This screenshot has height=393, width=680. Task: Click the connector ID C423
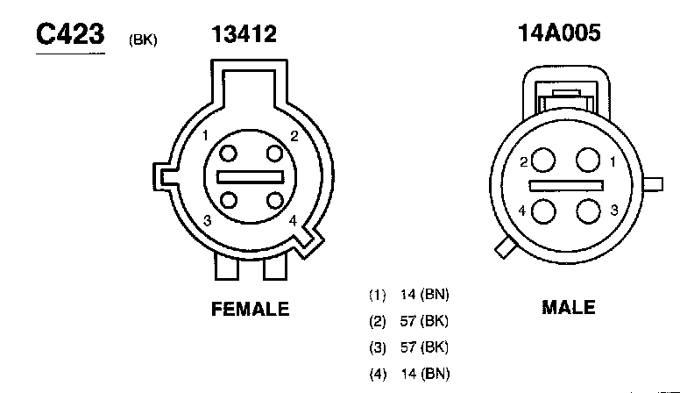click(x=70, y=34)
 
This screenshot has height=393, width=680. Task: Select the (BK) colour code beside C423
click(x=143, y=40)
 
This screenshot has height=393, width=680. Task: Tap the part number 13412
click(x=244, y=34)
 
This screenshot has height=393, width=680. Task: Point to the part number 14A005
click(x=559, y=33)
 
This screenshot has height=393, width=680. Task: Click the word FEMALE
click(x=251, y=309)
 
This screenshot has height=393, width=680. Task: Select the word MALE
click(x=569, y=307)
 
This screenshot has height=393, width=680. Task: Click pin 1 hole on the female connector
click(x=228, y=154)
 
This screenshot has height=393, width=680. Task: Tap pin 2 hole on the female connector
click(x=274, y=154)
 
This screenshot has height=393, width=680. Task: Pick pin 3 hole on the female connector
click(x=229, y=200)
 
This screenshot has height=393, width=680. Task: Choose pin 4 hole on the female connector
click(x=275, y=200)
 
